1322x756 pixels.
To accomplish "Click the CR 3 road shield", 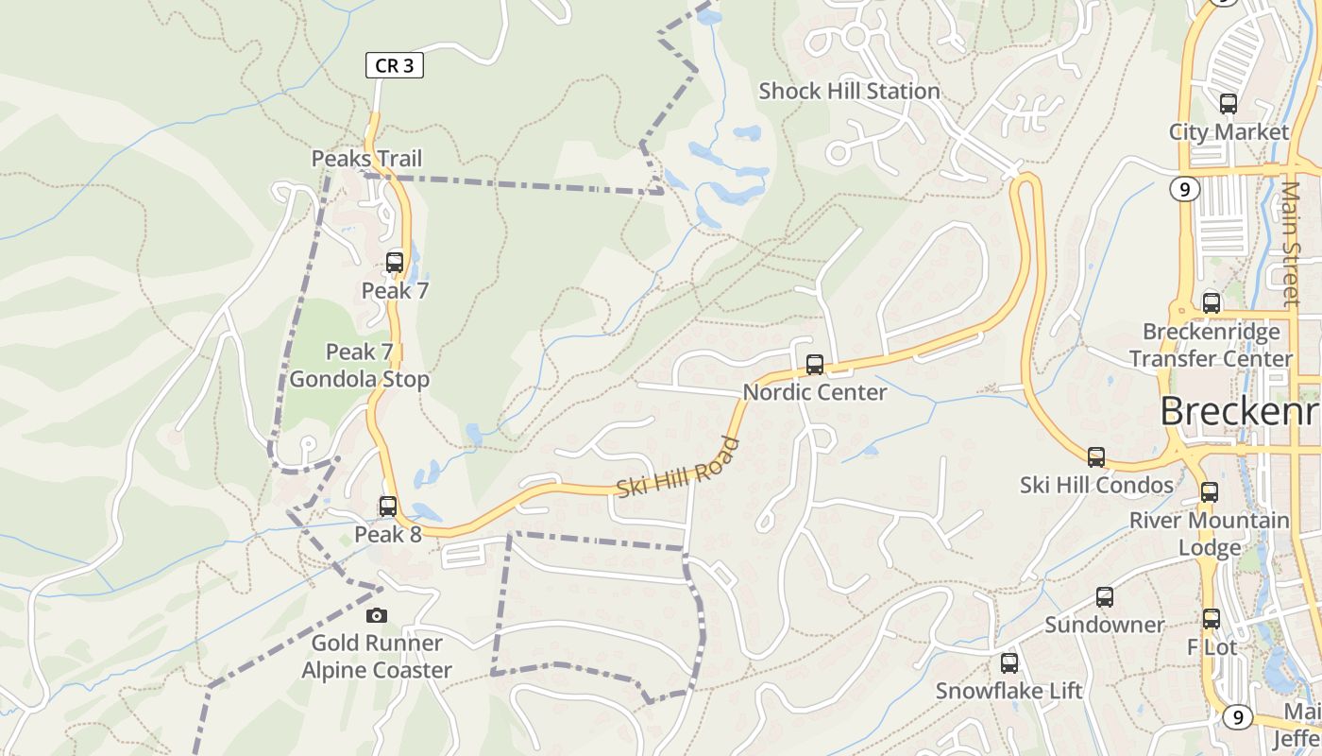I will coord(394,65).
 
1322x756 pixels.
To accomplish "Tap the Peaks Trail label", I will coord(366,159).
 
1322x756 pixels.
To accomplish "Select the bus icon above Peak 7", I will coord(395,262).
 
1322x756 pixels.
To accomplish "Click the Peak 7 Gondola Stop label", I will coord(359,366).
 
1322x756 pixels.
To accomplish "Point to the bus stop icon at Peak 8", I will coord(388,506).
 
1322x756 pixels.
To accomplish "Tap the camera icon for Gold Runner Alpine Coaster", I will coord(377,615).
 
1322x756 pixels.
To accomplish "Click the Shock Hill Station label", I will coord(849,92).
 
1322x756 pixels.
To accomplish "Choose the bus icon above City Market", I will coord(1229,104).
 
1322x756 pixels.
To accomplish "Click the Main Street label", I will coord(1291,244).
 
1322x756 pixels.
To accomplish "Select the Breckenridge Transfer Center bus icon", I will coord(1212,303).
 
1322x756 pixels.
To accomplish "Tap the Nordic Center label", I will coord(814,392).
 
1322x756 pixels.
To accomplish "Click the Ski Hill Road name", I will coord(677,467).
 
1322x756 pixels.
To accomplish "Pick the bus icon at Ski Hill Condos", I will coord(1096,457).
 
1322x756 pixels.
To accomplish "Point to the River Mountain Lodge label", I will coord(1210,534).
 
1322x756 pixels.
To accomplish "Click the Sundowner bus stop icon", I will coord(1105,597).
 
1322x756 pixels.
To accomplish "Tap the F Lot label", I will coord(1212,648).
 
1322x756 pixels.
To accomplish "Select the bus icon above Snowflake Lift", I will coord(1009,663).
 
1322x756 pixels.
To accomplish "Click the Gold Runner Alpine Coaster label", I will coord(376,657).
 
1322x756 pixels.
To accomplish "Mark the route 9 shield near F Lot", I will coord(1237,717).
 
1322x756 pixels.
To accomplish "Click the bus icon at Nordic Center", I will coord(815,364).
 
